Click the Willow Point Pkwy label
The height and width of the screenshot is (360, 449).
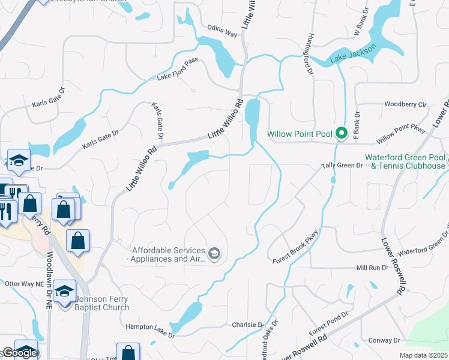(x=401, y=134)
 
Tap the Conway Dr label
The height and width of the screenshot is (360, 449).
(x=385, y=340)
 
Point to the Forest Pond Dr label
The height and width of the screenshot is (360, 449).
(x=328, y=323)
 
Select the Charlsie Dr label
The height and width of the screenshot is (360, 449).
(x=248, y=325)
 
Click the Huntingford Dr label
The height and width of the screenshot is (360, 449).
(x=310, y=54)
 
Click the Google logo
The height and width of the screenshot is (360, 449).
(x=19, y=353)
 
